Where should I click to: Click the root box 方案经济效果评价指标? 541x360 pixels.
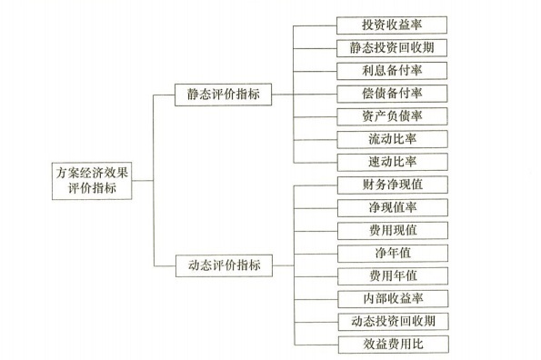(93, 178)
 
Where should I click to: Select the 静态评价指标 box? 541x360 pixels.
(225, 93)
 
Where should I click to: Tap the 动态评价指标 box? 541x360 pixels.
(225, 265)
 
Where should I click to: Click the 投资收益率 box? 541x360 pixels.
(391, 25)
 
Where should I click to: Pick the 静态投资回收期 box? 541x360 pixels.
(391, 47)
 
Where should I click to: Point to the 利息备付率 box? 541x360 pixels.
(391, 70)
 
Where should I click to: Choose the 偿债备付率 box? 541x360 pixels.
(391, 93)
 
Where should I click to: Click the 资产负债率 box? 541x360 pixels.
(391, 115)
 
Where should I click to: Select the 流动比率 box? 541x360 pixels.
(391, 138)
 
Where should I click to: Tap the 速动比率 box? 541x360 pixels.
(391, 161)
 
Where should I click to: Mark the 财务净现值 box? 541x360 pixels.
(391, 185)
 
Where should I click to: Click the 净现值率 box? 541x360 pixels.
(391, 207)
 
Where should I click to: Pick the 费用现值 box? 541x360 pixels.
(391, 230)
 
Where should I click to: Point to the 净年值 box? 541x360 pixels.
(391, 253)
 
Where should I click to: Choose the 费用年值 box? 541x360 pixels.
(391, 275)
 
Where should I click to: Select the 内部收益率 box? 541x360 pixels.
(391, 298)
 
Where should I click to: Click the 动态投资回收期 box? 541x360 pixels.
(391, 321)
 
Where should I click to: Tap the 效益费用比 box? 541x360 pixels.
(391, 344)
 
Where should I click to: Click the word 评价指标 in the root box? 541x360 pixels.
(93, 186)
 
